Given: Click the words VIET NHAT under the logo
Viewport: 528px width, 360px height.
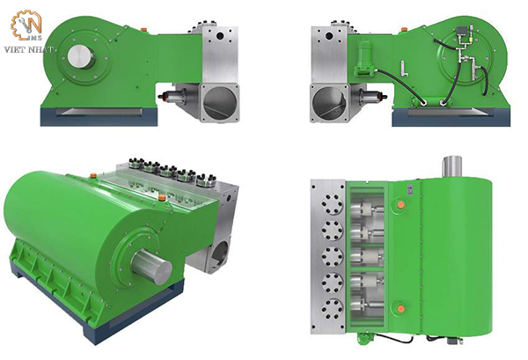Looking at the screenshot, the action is tap(28, 49).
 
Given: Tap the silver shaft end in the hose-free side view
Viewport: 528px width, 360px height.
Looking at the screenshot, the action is tap(82, 56).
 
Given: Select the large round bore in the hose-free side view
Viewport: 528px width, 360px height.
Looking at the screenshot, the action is tap(219, 102).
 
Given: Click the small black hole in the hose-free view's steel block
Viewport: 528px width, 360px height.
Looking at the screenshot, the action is tap(220, 35).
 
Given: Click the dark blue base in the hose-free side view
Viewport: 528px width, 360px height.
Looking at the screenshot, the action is tap(99, 116).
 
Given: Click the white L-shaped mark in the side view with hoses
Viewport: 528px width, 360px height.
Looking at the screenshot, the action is tap(405, 69).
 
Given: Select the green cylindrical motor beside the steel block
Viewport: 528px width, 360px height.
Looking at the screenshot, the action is tap(364, 57).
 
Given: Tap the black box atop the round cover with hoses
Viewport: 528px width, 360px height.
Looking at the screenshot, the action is tap(461, 30).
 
